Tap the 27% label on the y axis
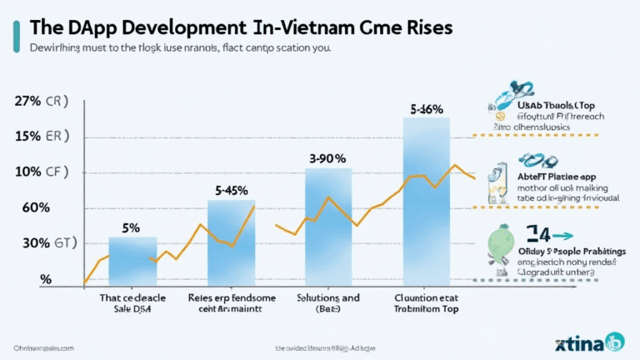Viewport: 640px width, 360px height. [x=29, y=102]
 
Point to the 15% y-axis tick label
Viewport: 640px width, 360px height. [x=29, y=137]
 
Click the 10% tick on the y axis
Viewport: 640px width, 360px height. [x=29, y=172]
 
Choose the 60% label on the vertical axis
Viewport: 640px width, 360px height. [x=27, y=207]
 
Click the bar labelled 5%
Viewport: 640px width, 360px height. [x=132, y=262]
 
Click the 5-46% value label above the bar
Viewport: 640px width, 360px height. [x=427, y=108]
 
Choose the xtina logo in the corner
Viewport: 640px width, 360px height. [x=592, y=342]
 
